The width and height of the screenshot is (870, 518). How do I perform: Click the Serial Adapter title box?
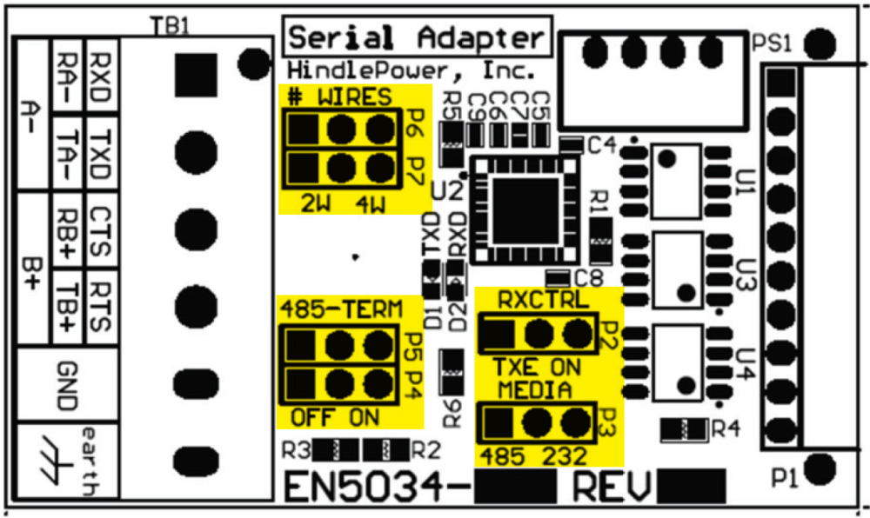click(418, 38)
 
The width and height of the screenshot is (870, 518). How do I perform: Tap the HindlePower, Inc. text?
click(411, 70)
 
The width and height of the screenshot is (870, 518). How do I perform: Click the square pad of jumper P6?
click(303, 131)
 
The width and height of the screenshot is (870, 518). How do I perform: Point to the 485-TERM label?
click(341, 309)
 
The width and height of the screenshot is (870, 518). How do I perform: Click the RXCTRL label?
click(543, 300)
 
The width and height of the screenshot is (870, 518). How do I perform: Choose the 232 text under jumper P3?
click(565, 455)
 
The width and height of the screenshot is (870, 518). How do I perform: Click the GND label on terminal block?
click(65, 388)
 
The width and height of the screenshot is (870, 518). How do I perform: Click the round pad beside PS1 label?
click(820, 42)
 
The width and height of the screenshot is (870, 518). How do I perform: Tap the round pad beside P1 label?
click(820, 468)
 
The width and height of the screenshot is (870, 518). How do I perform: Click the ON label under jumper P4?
click(365, 417)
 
